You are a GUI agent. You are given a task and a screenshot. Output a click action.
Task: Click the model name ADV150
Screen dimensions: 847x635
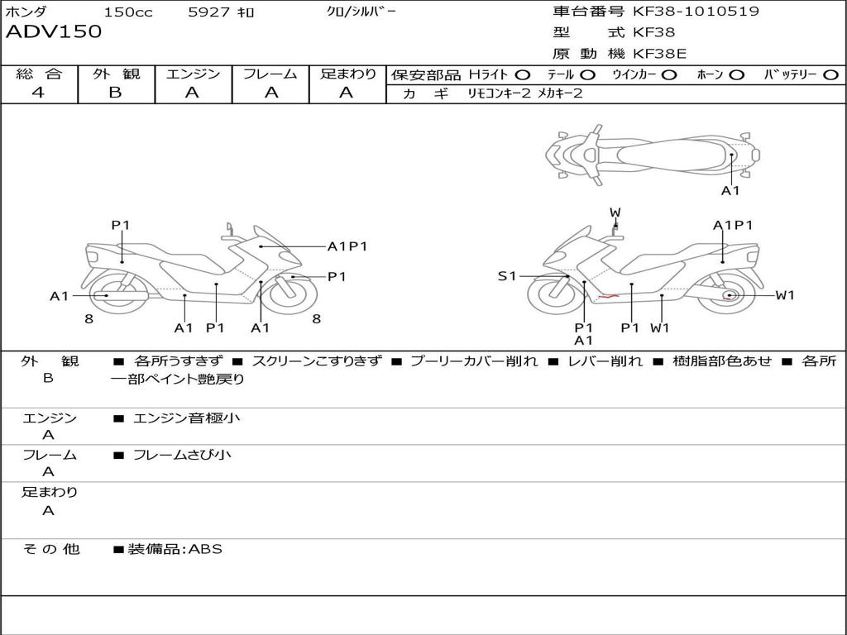click(x=54, y=32)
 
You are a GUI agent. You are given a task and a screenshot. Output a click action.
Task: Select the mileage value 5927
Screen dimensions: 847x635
click(x=210, y=12)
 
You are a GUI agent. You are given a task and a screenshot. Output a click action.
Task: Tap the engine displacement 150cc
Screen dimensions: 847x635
click(x=128, y=12)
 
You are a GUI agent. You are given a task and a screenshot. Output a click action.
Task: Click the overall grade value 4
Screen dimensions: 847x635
click(x=38, y=93)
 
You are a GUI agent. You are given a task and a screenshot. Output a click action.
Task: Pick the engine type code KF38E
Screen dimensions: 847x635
click(x=659, y=54)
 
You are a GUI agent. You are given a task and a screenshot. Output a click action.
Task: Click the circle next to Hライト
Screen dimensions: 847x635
click(x=523, y=74)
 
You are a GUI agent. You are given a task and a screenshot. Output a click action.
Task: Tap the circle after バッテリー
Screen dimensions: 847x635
click(x=830, y=74)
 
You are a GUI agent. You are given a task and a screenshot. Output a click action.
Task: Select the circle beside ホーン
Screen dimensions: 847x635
click(x=737, y=74)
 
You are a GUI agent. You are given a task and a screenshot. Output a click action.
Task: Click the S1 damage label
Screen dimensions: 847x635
click(x=507, y=276)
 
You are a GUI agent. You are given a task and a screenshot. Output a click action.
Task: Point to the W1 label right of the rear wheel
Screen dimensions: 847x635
click(x=785, y=295)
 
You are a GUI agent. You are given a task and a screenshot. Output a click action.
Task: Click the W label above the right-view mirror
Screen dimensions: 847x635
click(x=615, y=212)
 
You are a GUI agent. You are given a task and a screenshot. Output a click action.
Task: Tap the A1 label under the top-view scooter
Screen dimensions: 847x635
click(x=730, y=191)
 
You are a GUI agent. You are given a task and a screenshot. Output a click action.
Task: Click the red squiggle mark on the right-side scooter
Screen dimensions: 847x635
click(x=609, y=295)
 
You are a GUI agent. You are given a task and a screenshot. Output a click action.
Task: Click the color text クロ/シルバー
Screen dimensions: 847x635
click(x=361, y=12)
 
